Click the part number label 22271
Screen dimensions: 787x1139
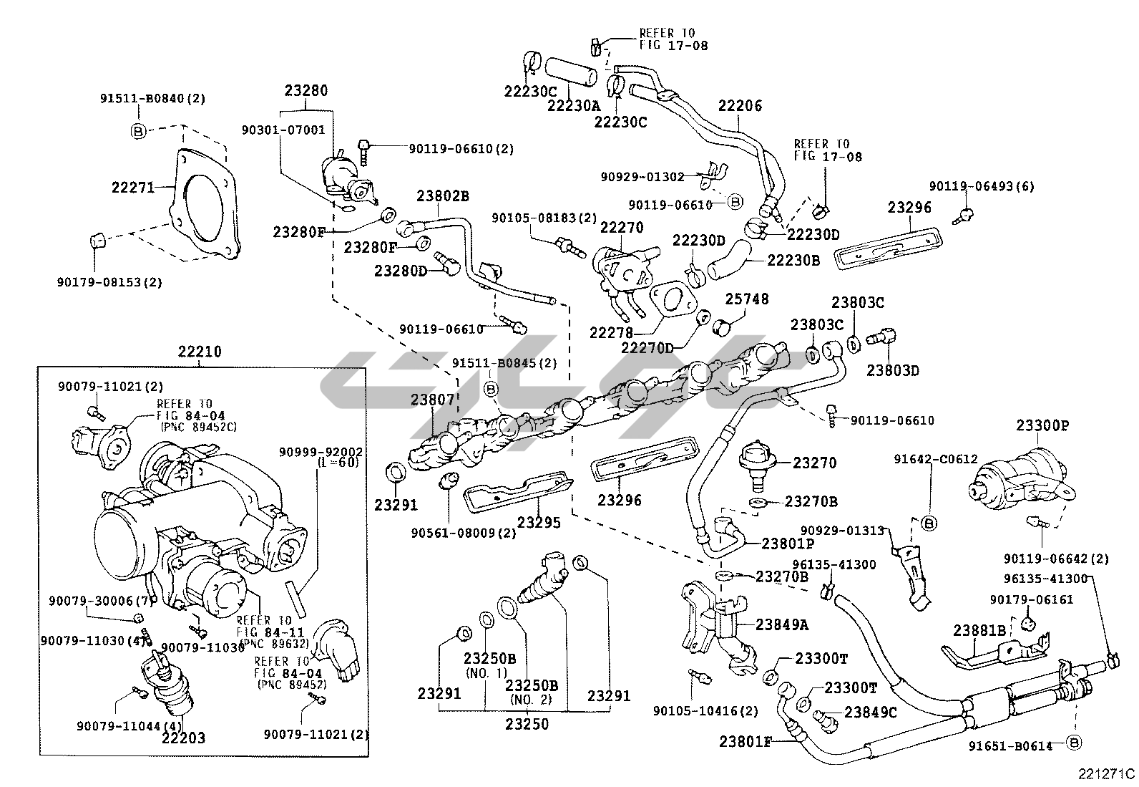[133, 188]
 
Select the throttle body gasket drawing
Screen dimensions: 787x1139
[205, 208]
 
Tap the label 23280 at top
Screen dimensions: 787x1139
[306, 91]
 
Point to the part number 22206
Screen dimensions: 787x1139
[740, 106]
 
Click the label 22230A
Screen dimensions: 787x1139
[574, 105]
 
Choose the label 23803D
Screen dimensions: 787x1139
[892, 370]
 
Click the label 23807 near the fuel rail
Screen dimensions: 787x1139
[432, 400]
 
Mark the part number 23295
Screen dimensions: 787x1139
[539, 522]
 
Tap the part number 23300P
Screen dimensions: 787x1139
[1042, 425]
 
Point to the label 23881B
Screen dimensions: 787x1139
[979, 630]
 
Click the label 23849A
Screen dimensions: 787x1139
[782, 624]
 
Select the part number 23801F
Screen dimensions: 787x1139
[746, 742]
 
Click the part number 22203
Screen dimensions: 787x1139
[183, 738]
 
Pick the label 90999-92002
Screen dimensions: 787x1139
[320, 453]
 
